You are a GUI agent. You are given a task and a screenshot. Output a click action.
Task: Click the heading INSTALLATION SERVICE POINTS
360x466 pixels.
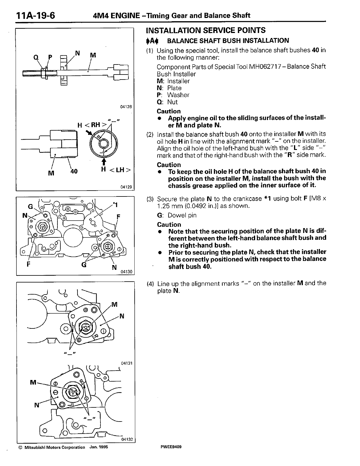coord(206,30)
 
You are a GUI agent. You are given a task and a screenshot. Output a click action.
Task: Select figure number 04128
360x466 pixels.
coord(126,107)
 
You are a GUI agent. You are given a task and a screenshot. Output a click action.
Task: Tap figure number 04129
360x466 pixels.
coord(126,187)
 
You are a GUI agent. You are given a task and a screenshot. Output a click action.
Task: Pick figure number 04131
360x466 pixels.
coord(127,363)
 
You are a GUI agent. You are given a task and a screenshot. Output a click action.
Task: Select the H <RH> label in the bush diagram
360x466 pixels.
coord(92,125)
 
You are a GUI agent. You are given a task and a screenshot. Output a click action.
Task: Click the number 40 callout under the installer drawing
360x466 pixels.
coord(74,171)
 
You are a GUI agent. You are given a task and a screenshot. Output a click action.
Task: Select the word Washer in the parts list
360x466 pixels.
coord(178,95)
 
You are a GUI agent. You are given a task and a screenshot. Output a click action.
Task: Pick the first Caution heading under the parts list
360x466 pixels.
coord(169,111)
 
